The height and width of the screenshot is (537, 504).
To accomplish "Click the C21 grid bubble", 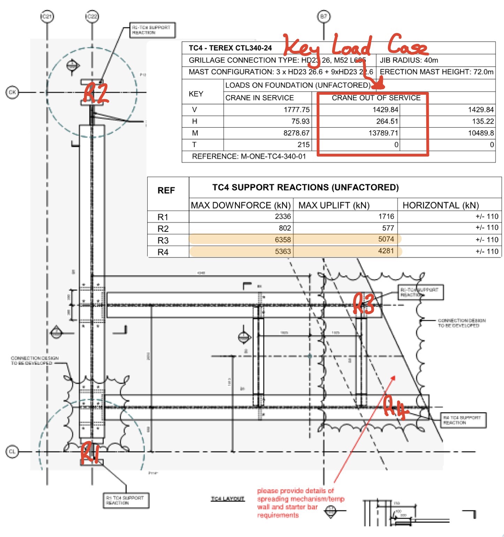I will pyautogui.click(x=47, y=16).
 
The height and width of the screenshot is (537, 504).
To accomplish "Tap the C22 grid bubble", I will pyautogui.click(x=92, y=16).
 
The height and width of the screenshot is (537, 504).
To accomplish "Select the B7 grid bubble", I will pyautogui.click(x=324, y=16).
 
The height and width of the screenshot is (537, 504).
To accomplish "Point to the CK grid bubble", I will pyautogui.click(x=12, y=92).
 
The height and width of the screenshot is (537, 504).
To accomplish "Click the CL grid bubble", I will pyautogui.click(x=12, y=452).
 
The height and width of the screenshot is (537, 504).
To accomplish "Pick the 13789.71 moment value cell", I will pyautogui.click(x=383, y=133).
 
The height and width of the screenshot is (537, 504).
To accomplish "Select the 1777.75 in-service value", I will pyautogui.click(x=296, y=110).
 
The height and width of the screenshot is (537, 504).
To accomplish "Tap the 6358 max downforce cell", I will pyautogui.click(x=283, y=240).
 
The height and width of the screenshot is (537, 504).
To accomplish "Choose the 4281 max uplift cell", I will pyautogui.click(x=386, y=251).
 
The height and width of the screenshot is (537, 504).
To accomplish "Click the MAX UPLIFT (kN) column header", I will pyautogui.click(x=334, y=205).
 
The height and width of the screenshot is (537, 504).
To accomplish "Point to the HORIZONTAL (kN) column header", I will pyautogui.click(x=441, y=205).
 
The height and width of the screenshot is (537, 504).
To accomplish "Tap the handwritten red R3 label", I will pyautogui.click(x=363, y=303).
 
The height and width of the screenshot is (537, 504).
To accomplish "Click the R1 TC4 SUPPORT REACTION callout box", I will pyautogui.click(x=126, y=500).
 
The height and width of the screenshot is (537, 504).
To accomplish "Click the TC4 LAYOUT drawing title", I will pyautogui.click(x=227, y=499).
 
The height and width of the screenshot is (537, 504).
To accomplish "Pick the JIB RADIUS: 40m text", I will pyautogui.click(x=409, y=60).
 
